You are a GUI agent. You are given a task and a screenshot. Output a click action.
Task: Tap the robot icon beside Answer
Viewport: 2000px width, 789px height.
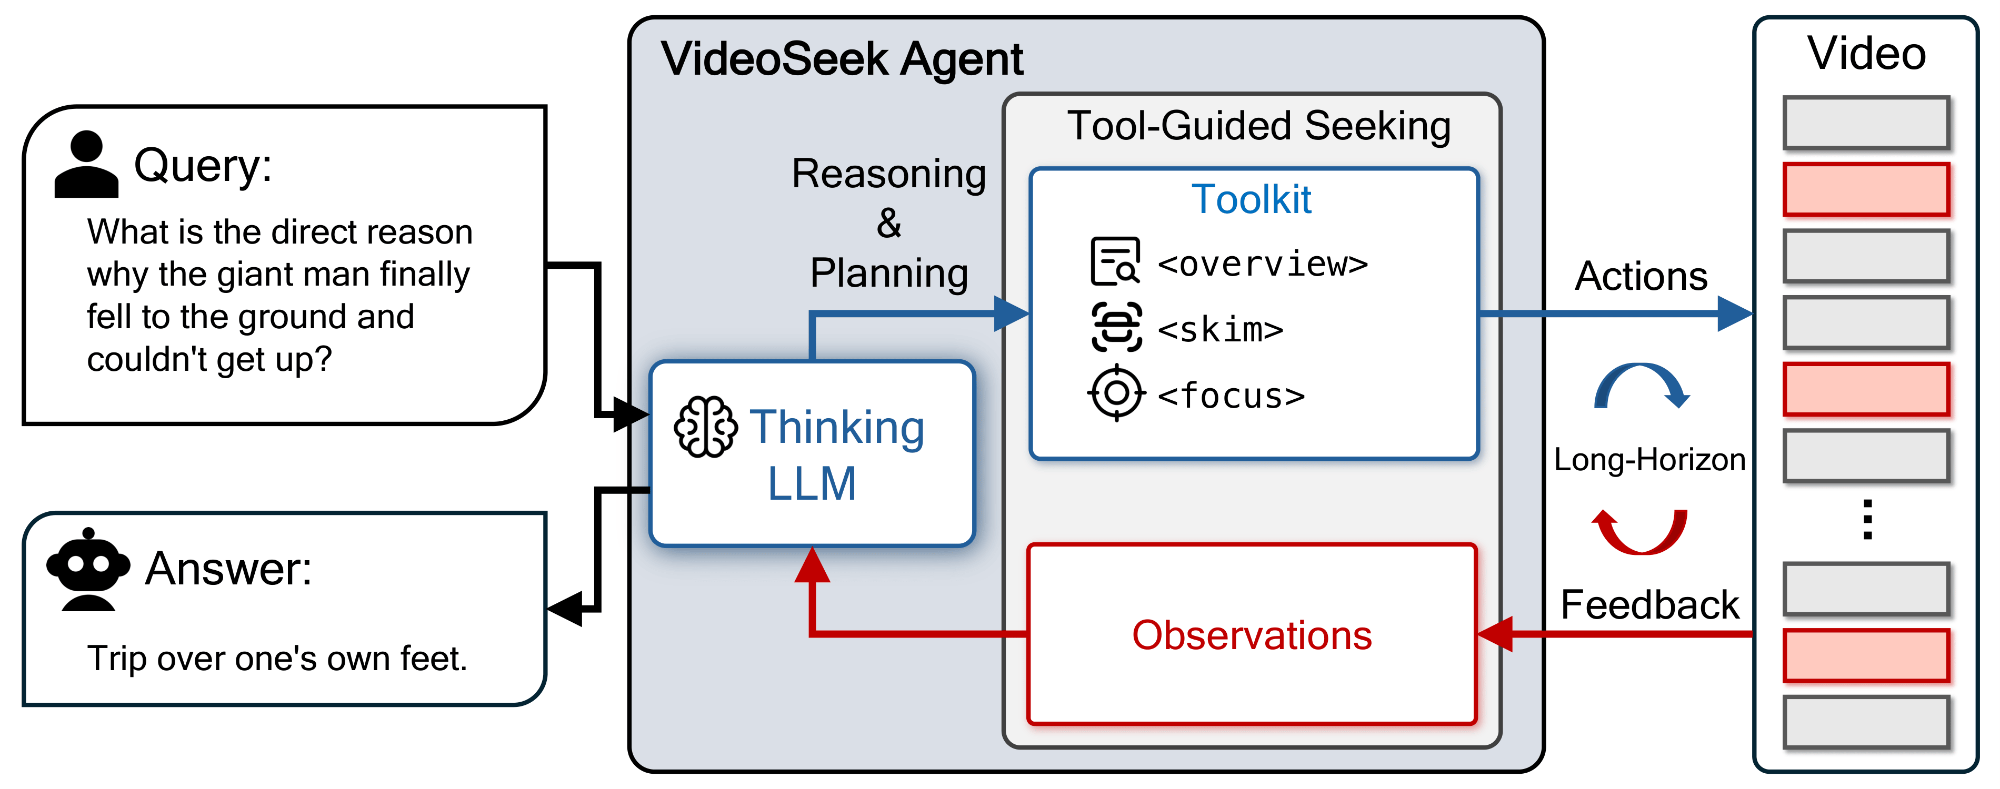pos(88,570)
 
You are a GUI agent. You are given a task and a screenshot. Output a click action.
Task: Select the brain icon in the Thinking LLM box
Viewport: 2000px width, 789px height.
pos(705,427)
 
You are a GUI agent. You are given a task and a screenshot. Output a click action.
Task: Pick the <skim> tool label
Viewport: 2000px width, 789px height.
pos(1219,330)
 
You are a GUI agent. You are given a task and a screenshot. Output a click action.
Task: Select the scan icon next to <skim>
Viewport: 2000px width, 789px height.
pos(1116,327)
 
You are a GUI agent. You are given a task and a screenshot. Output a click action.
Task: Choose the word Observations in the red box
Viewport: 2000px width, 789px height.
pos(1252,635)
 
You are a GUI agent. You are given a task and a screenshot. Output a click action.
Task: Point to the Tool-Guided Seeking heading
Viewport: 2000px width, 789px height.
pos(1258,126)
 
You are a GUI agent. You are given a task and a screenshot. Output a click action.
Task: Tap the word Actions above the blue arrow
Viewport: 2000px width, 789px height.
pos(1641,276)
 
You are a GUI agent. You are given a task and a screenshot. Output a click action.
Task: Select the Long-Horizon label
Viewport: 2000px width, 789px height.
pos(1649,460)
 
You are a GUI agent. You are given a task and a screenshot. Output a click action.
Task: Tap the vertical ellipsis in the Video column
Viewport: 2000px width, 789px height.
pos(1867,519)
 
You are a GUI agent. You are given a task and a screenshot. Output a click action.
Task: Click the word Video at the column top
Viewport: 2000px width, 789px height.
pos(1866,54)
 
